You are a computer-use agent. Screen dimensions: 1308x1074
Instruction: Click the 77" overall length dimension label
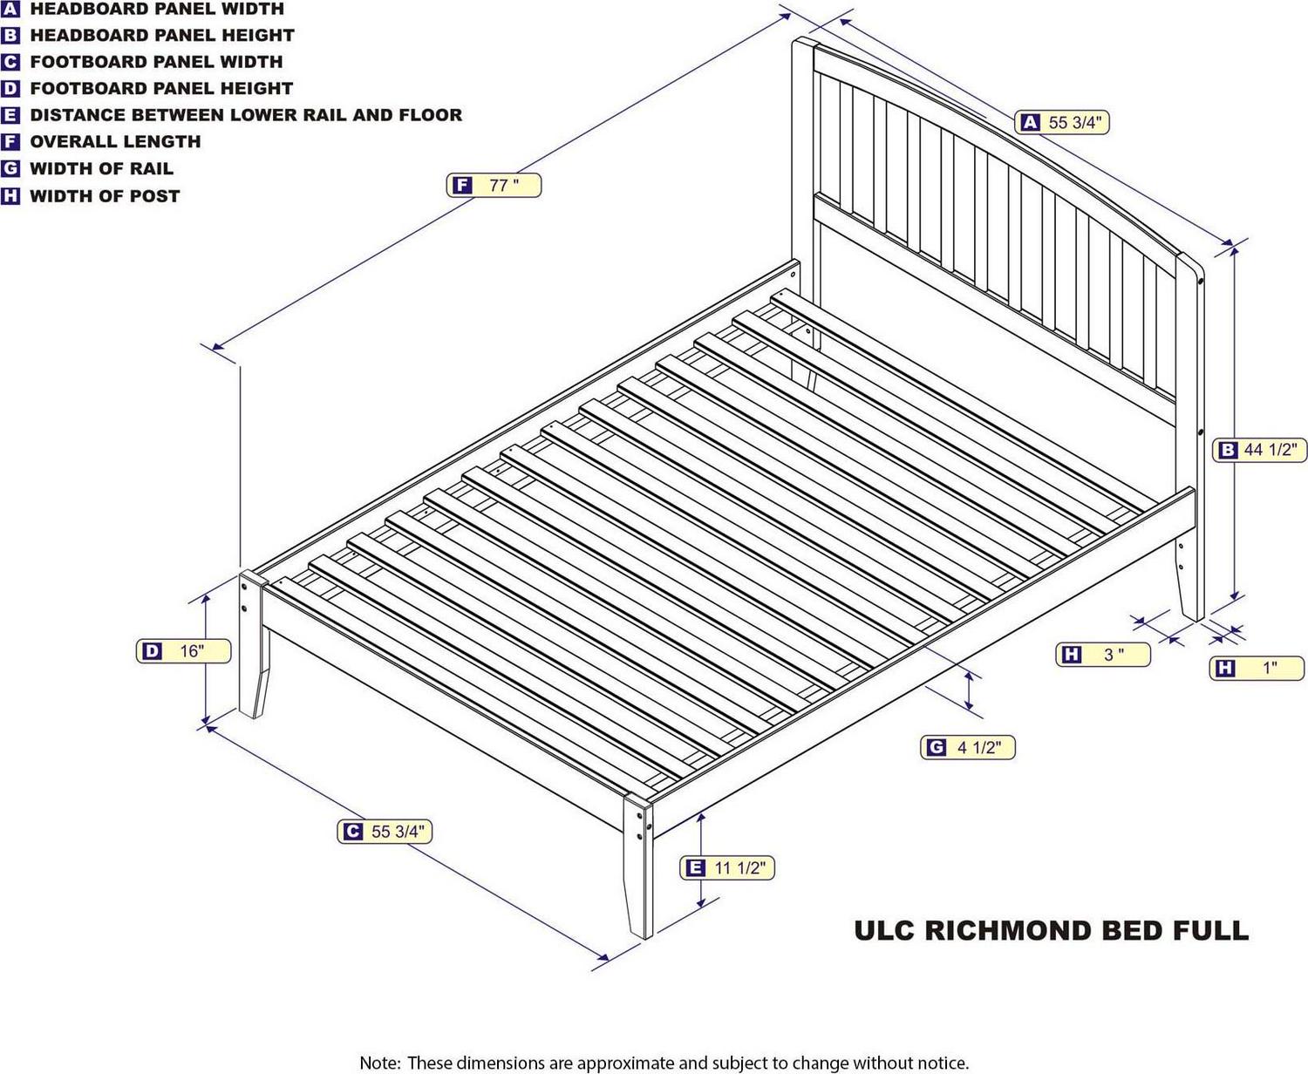494,186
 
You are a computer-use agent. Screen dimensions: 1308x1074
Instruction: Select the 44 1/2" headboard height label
1260,450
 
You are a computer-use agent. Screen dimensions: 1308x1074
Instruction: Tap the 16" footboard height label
184,651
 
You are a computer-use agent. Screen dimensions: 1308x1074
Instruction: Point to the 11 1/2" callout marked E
727,867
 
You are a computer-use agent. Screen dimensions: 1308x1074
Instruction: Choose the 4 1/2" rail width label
968,747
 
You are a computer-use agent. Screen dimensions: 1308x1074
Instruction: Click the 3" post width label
1103,654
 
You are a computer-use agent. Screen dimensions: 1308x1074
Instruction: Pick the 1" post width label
1257,668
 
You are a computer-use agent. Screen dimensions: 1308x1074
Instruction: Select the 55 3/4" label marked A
1062,122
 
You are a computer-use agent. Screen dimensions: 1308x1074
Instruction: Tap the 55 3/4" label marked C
385,831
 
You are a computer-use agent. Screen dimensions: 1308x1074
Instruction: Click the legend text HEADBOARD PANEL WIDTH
157,9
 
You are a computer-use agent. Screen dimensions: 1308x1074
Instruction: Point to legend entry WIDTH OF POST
105,196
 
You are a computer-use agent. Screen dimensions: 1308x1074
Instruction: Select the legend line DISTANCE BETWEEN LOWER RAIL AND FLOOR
246,115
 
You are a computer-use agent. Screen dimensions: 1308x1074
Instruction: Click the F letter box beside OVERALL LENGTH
10,142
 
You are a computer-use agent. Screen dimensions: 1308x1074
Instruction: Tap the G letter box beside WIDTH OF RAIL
10,168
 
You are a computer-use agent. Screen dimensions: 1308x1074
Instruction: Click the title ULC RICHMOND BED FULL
1052,931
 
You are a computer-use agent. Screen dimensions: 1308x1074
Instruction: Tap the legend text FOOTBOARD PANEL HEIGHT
161,89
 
